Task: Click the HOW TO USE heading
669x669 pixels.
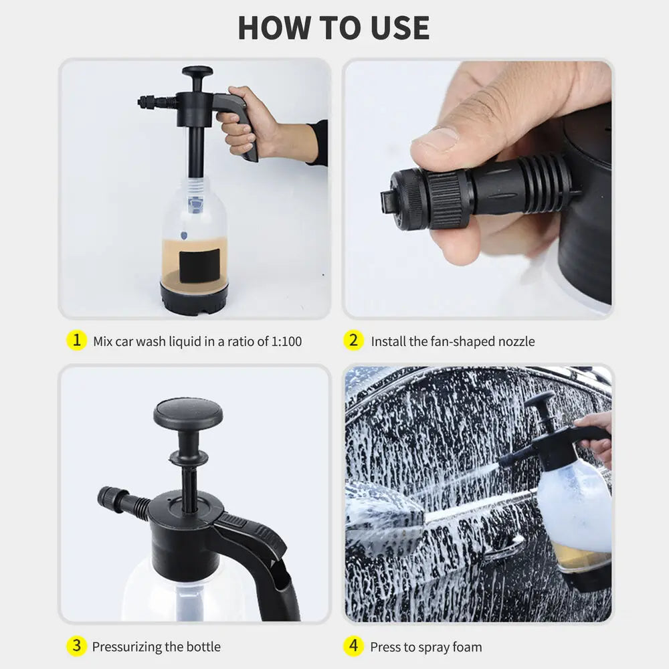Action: (334, 27)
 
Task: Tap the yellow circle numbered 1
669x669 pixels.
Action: (76, 341)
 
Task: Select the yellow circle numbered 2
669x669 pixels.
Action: (354, 341)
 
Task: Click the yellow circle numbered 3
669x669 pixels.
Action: (76, 646)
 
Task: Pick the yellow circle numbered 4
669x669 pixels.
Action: (354, 646)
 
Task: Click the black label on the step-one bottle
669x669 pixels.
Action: (199, 265)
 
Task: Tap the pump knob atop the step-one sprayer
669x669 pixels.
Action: (197, 71)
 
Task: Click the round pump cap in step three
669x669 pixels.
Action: (188, 413)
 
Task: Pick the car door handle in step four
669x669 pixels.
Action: (502, 549)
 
